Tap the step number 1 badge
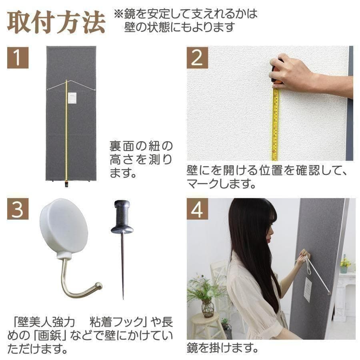click(x=18, y=58)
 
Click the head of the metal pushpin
click(x=122, y=218)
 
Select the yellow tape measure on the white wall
click(x=275, y=124)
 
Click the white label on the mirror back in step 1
click(x=72, y=98)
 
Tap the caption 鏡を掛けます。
click(x=222, y=347)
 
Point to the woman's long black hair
click(x=252, y=248)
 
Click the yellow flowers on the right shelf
click(x=345, y=262)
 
